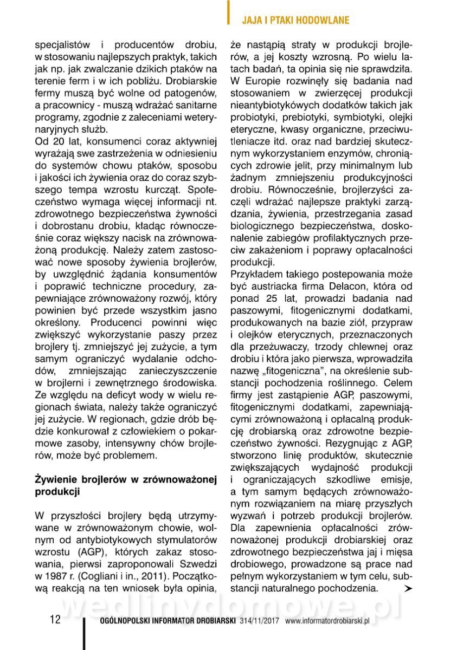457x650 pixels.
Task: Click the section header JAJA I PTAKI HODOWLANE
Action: pyautogui.click(x=295, y=20)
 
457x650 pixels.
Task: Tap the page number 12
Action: pyautogui.click(x=55, y=620)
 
